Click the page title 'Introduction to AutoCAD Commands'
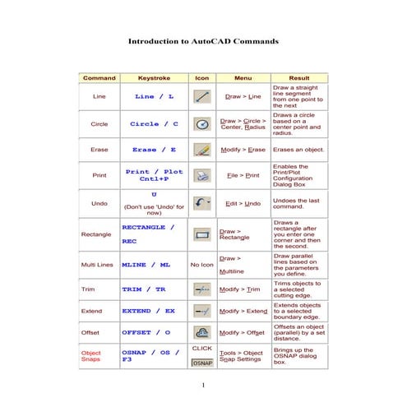click(203, 39)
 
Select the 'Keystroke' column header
click(154, 77)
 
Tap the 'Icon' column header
click(202, 77)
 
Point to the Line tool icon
click(202, 96)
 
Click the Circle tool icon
click(202, 124)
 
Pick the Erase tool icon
click(202, 150)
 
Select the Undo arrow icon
click(201, 202)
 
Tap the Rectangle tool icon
click(202, 234)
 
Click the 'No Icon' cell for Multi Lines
click(202, 265)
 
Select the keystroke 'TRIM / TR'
click(143, 289)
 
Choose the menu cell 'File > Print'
click(243, 175)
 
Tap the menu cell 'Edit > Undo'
click(243, 203)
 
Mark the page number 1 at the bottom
click(203, 385)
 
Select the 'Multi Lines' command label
click(97, 265)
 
